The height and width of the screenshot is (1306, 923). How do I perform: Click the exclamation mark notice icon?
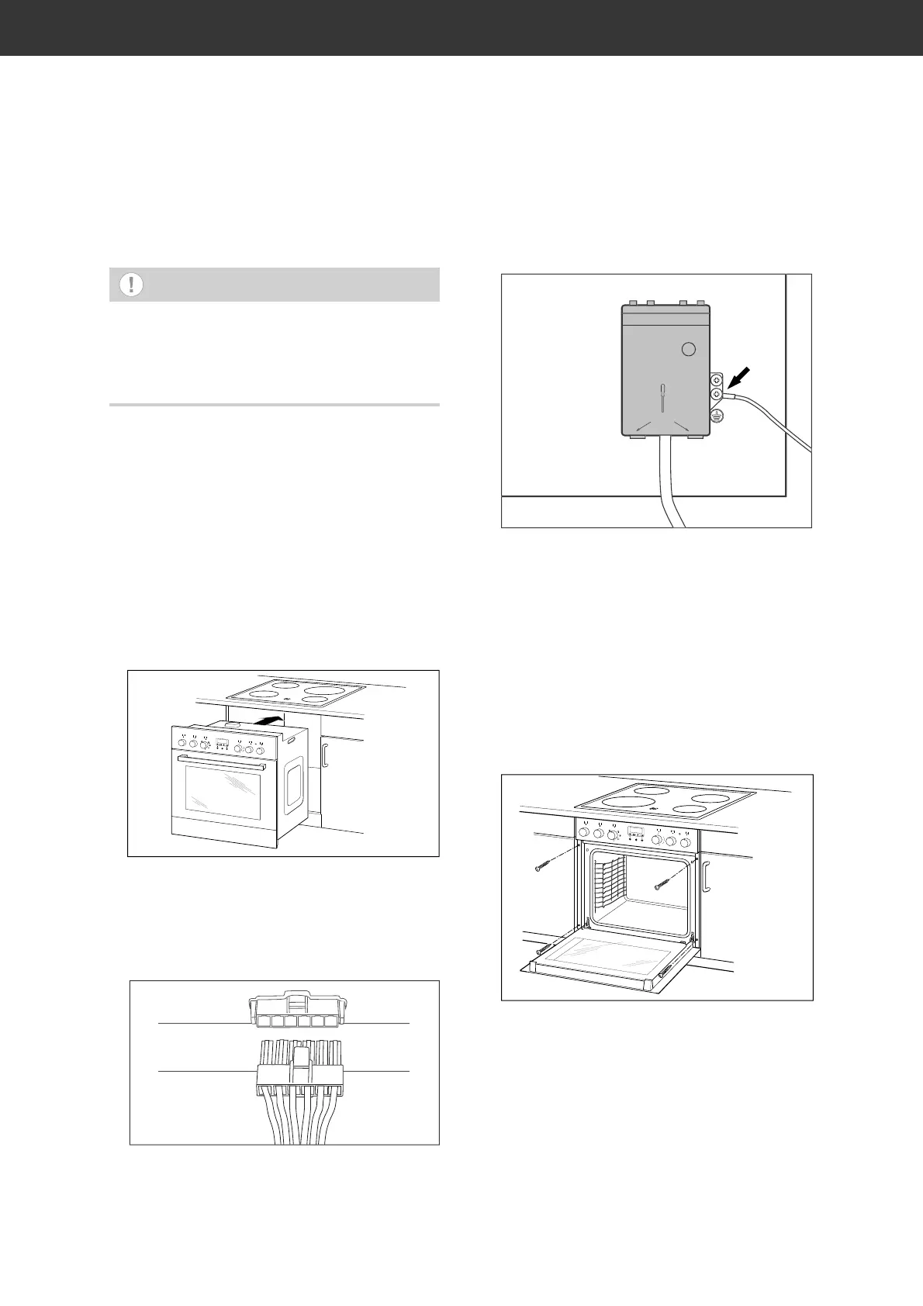pos(131,285)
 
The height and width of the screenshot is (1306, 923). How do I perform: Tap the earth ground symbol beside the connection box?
pos(717,416)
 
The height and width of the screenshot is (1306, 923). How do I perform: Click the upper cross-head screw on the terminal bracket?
pos(717,380)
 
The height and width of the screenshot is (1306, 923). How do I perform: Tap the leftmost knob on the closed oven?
pos(181,743)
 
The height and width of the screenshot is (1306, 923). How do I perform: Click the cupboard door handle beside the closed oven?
pos(326,755)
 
